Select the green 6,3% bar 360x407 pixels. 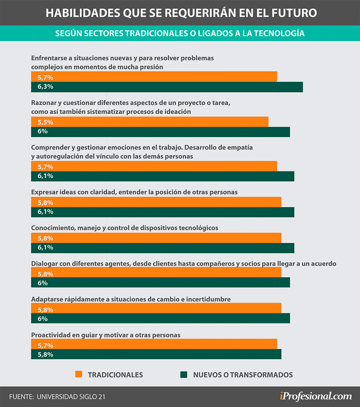[x=167, y=87]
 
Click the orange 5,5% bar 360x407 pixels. [x=150, y=122]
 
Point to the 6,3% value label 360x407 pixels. [x=45, y=87]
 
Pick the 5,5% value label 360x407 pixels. [x=45, y=122]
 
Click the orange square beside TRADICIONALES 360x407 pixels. [x=79, y=374]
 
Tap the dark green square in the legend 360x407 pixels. [x=184, y=374]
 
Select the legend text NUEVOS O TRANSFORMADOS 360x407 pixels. [x=243, y=375]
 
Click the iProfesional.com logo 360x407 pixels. [x=316, y=396]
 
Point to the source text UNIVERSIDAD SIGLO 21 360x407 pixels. [x=71, y=397]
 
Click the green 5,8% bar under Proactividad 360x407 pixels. [x=156, y=354]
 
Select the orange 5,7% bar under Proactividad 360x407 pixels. [x=154, y=344]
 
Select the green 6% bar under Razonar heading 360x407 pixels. [x=160, y=132]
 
